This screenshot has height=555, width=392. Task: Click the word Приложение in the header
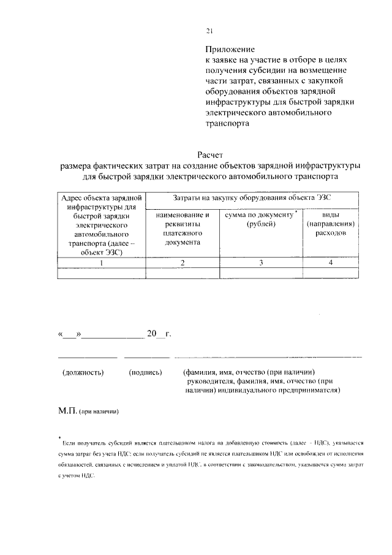coord(230,49)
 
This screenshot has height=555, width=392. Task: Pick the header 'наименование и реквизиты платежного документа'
coord(183,229)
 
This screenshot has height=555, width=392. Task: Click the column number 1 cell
coord(102,262)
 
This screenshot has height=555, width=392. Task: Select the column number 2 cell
coord(183,262)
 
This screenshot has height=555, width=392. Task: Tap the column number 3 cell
coord(262,262)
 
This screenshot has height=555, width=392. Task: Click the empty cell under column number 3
coord(262,274)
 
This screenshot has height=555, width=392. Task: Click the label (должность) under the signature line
coord(83,372)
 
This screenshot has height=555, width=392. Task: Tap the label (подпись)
coord(145,372)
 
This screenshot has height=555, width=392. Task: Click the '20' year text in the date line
coord(151,334)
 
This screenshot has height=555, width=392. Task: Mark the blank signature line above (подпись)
coord(146,356)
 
